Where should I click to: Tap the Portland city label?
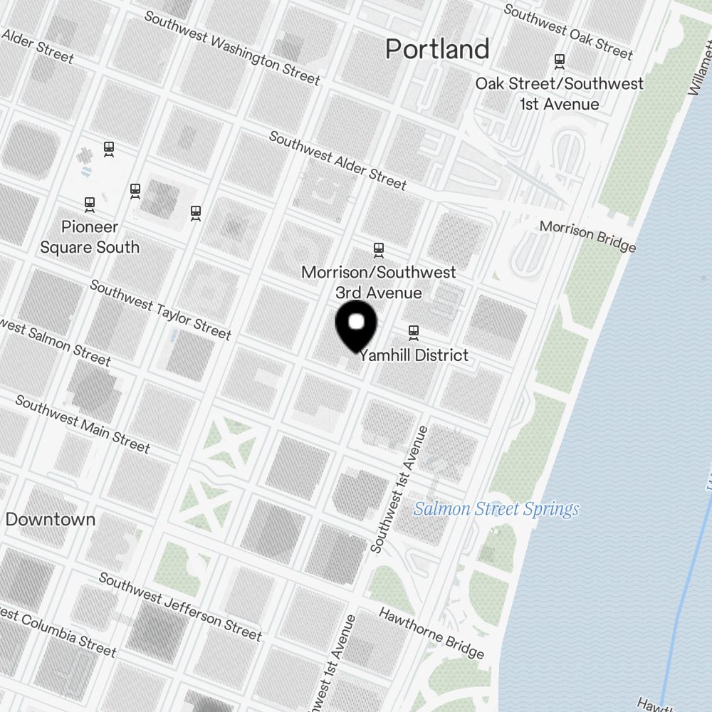pos(437,49)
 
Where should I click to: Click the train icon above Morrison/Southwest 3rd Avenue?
pos(379,249)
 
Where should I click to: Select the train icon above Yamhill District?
pos(414,331)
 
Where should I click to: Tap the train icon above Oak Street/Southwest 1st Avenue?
pos(560,61)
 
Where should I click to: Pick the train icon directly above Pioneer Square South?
pos(90,204)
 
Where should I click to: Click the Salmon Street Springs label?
pos(496,509)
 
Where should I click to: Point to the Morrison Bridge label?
pos(587,236)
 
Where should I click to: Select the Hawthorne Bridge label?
pos(431,633)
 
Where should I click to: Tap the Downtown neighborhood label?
pos(50,519)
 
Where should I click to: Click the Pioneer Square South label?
pos(90,237)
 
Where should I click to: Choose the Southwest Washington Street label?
pos(232,48)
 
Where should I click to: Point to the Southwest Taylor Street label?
pos(161,309)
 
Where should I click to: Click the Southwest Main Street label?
pos(83,424)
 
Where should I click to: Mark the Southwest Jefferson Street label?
pos(180,606)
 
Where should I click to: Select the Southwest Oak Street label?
pos(567,31)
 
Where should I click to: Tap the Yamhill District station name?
pos(414,355)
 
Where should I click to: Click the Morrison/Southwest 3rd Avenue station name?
pos(379,282)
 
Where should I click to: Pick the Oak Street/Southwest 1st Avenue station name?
pos(559,93)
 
